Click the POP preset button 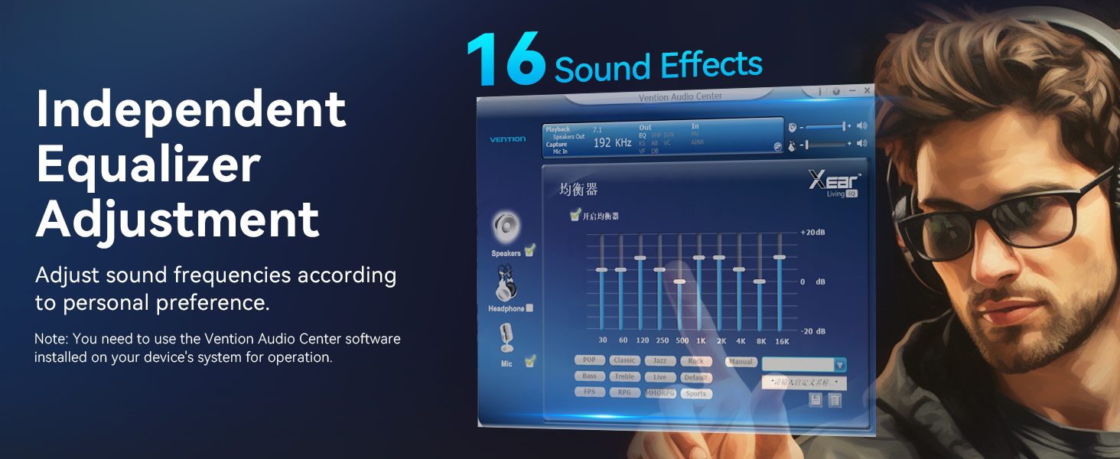pyautogui.click(x=588, y=360)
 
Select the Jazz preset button pyautogui.click(x=660, y=360)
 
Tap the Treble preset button pyautogui.click(x=624, y=377)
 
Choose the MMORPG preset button pyautogui.click(x=660, y=393)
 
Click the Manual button pyautogui.click(x=741, y=362)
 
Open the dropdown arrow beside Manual pyautogui.click(x=840, y=366)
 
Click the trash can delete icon pyautogui.click(x=835, y=400)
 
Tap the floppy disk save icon pyautogui.click(x=816, y=400)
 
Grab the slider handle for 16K pyautogui.click(x=779, y=258)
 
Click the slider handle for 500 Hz pyautogui.click(x=680, y=282)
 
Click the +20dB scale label pyautogui.click(x=812, y=233)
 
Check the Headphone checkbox pyautogui.click(x=529, y=308)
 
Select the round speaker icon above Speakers pyautogui.click(x=506, y=227)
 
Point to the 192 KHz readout pyautogui.click(x=613, y=143)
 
